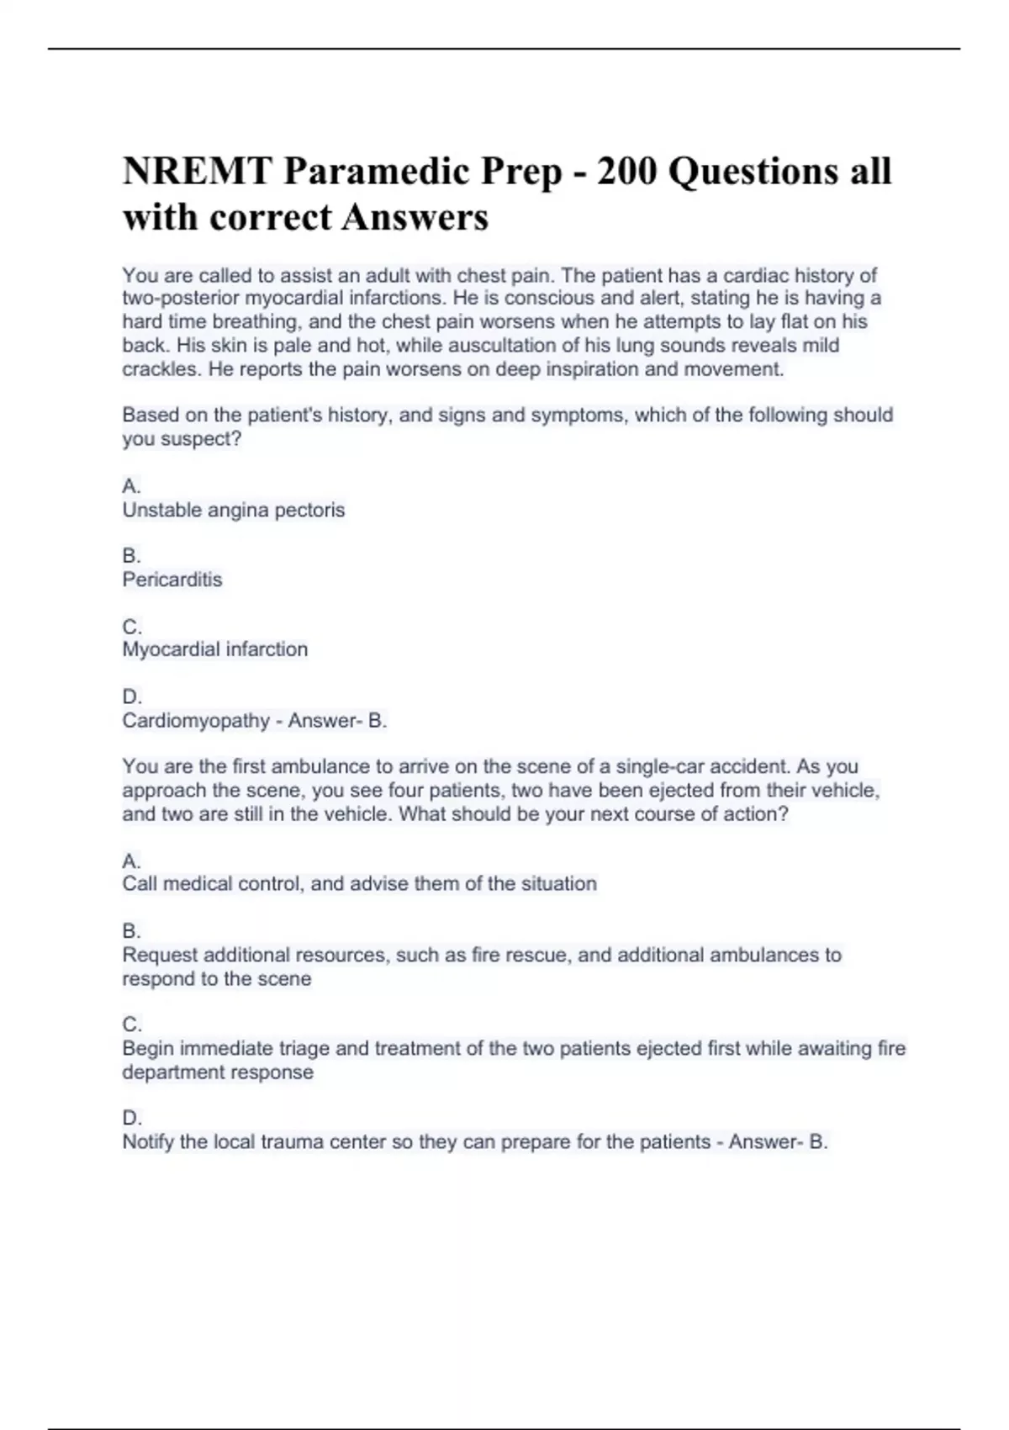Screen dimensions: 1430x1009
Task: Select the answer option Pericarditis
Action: [172, 580]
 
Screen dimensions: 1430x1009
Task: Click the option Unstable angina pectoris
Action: [234, 510]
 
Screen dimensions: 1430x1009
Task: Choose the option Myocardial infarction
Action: [215, 649]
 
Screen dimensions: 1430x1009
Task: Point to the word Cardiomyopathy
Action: [196, 721]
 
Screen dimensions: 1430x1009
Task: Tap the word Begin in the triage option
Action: [148, 1049]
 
